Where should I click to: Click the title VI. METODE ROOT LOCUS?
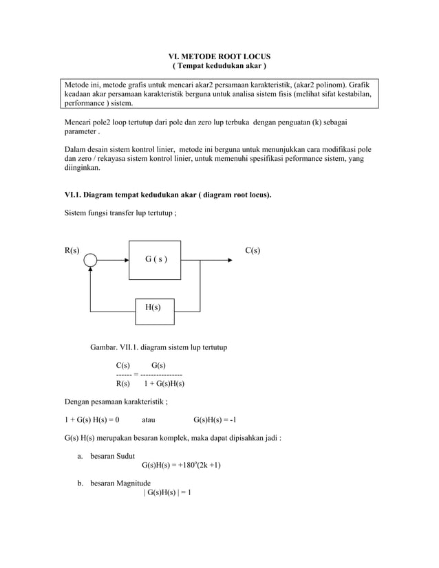tap(219, 55)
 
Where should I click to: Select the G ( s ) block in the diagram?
tap(155, 260)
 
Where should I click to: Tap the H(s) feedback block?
tap(153, 307)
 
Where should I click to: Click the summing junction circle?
tap(89, 261)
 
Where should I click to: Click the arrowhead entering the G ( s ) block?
tap(125, 261)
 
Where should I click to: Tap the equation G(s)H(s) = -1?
tap(215, 419)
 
